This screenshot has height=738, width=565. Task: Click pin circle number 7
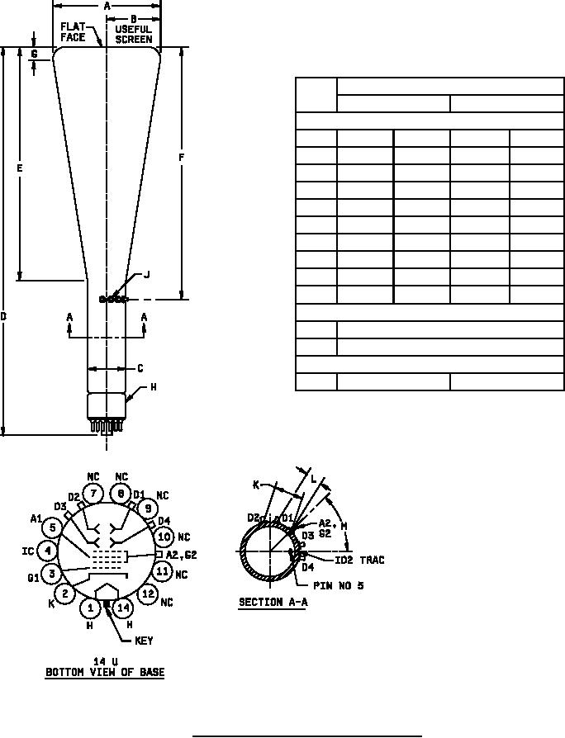[x=93, y=494]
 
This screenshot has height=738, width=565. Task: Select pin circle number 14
[x=123, y=608]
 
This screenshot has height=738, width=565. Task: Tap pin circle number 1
[x=90, y=608]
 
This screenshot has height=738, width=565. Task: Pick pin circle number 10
[x=164, y=537]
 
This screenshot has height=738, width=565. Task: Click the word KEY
[x=144, y=641]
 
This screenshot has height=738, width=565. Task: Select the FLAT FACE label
[x=73, y=32]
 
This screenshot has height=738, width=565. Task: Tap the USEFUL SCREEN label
[x=134, y=35]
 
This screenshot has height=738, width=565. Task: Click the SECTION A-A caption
[x=273, y=602]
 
